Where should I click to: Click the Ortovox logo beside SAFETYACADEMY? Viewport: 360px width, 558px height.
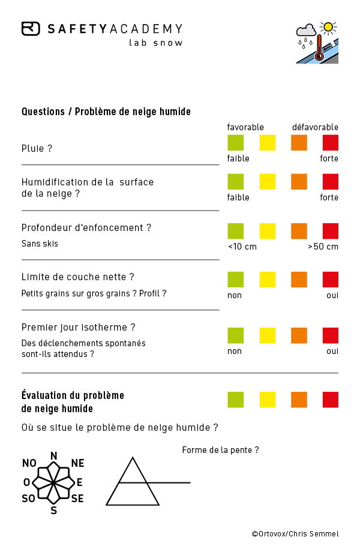(31, 29)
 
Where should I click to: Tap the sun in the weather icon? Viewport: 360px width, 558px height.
(328, 27)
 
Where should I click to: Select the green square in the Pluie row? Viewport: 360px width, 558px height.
(235, 143)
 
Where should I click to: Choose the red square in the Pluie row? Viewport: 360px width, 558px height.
(331, 143)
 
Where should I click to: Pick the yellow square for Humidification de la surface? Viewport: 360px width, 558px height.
(268, 181)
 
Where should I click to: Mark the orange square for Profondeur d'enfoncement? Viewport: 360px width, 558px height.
(299, 231)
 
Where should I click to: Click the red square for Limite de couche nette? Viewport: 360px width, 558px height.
(331, 280)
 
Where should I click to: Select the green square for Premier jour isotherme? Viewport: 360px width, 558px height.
(235, 335)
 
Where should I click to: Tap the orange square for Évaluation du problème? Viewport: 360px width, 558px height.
(299, 400)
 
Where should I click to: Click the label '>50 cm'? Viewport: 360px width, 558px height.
(323, 247)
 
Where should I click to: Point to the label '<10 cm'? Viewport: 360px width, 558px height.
(242, 247)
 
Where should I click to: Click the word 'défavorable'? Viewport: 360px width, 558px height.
(315, 127)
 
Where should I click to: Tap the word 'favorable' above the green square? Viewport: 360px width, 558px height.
(245, 127)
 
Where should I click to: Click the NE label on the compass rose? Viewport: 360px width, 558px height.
(77, 463)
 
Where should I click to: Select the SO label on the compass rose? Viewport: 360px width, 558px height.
(28, 498)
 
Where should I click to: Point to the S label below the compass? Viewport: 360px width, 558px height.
(54, 511)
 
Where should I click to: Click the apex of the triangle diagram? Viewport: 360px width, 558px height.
(133, 458)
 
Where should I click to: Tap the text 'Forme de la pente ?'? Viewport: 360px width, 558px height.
(221, 450)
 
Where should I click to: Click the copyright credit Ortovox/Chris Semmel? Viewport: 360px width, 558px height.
(295, 534)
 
